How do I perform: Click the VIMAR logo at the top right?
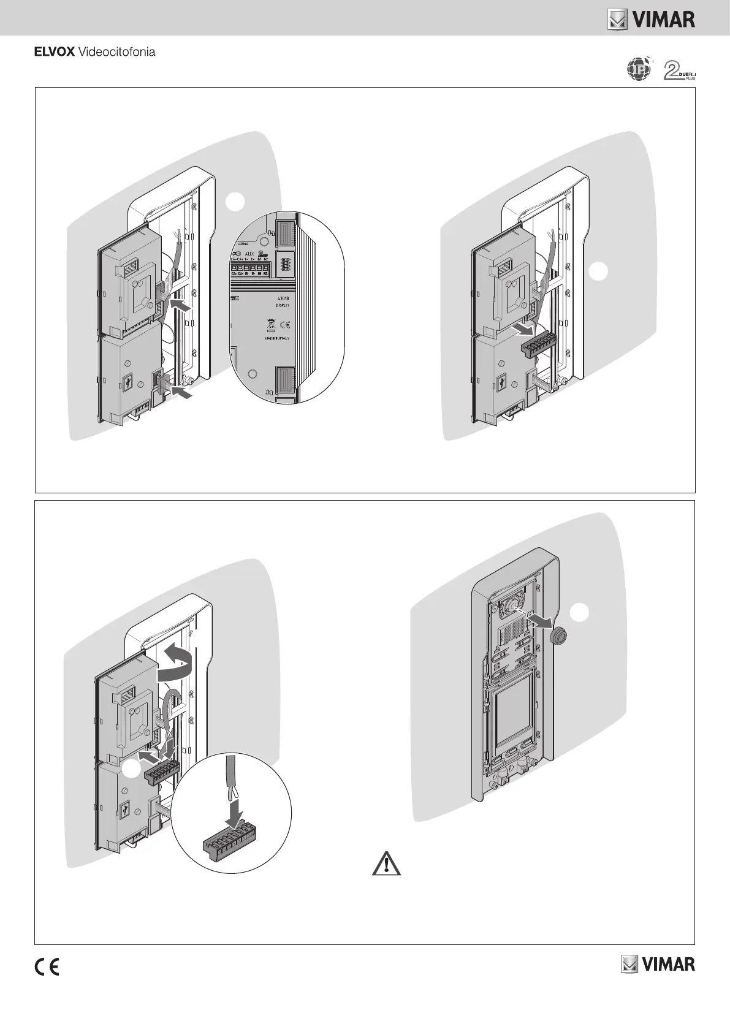coord(651,20)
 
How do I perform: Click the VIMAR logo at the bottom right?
coord(658,964)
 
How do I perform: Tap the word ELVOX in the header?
coord(54,52)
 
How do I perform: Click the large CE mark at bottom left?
coord(47,966)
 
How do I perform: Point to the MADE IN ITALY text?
coord(278,338)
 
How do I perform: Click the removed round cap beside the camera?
coord(557,637)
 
